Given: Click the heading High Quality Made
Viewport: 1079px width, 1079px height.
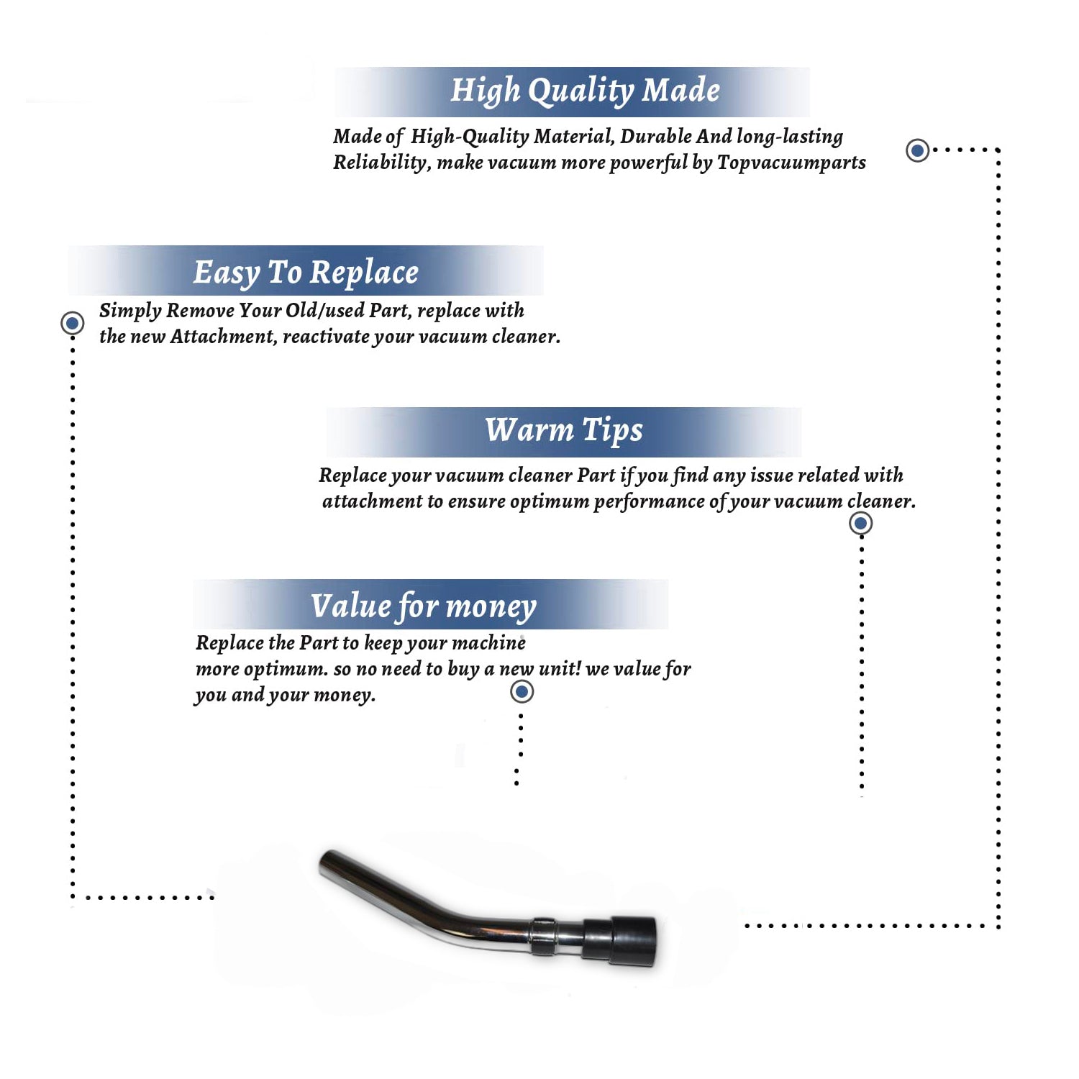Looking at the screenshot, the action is pyautogui.click(x=585, y=91).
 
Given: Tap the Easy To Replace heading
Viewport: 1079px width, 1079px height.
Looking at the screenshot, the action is pyautogui.click(x=306, y=273).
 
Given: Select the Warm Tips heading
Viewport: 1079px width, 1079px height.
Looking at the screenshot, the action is pyautogui.click(x=564, y=431).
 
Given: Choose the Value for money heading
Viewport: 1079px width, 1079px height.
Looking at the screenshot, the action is pyautogui.click(x=424, y=606).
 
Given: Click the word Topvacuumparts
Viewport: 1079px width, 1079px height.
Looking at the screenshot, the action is pyautogui.click(x=791, y=163).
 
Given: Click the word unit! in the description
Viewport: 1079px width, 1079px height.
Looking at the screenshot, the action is pyautogui.click(x=560, y=668).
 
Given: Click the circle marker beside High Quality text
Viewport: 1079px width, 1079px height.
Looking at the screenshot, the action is pyautogui.click(x=917, y=150).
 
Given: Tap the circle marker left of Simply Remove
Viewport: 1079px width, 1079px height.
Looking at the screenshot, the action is pyautogui.click(x=72, y=323).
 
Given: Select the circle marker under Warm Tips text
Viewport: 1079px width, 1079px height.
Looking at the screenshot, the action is pyautogui.click(x=860, y=523).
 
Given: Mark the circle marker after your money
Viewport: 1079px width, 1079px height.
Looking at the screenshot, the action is pyautogui.click(x=522, y=692).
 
